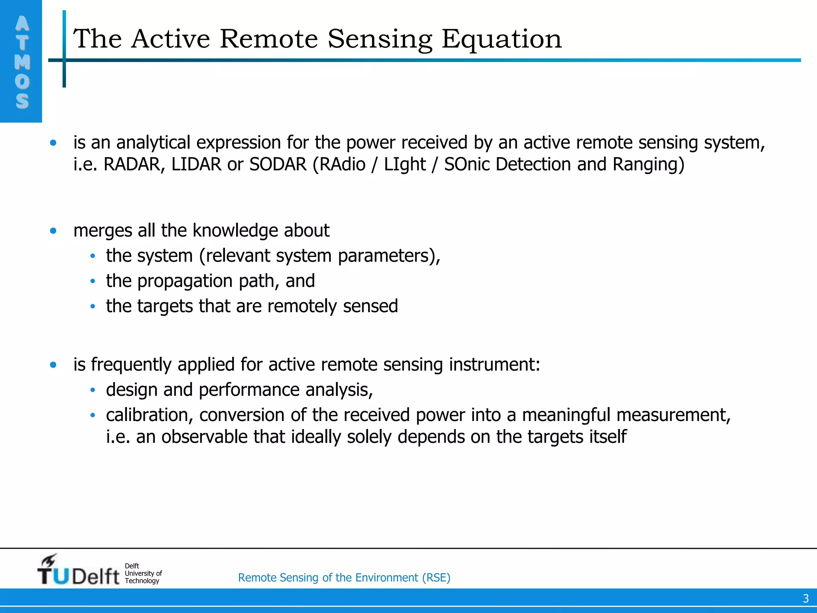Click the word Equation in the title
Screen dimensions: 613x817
[x=501, y=40]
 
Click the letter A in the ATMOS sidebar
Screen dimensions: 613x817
[x=22, y=24]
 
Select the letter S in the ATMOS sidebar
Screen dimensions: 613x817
[x=22, y=101]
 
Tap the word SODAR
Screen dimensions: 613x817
[x=278, y=164]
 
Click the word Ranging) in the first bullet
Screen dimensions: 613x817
[x=648, y=164]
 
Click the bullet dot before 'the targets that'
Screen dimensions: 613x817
[x=93, y=306]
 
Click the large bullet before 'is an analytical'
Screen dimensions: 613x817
[x=53, y=143]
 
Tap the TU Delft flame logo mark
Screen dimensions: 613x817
[x=49, y=560]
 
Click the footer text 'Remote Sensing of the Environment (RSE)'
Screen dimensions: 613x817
[x=344, y=577]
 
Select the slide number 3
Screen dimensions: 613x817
[x=805, y=598]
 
